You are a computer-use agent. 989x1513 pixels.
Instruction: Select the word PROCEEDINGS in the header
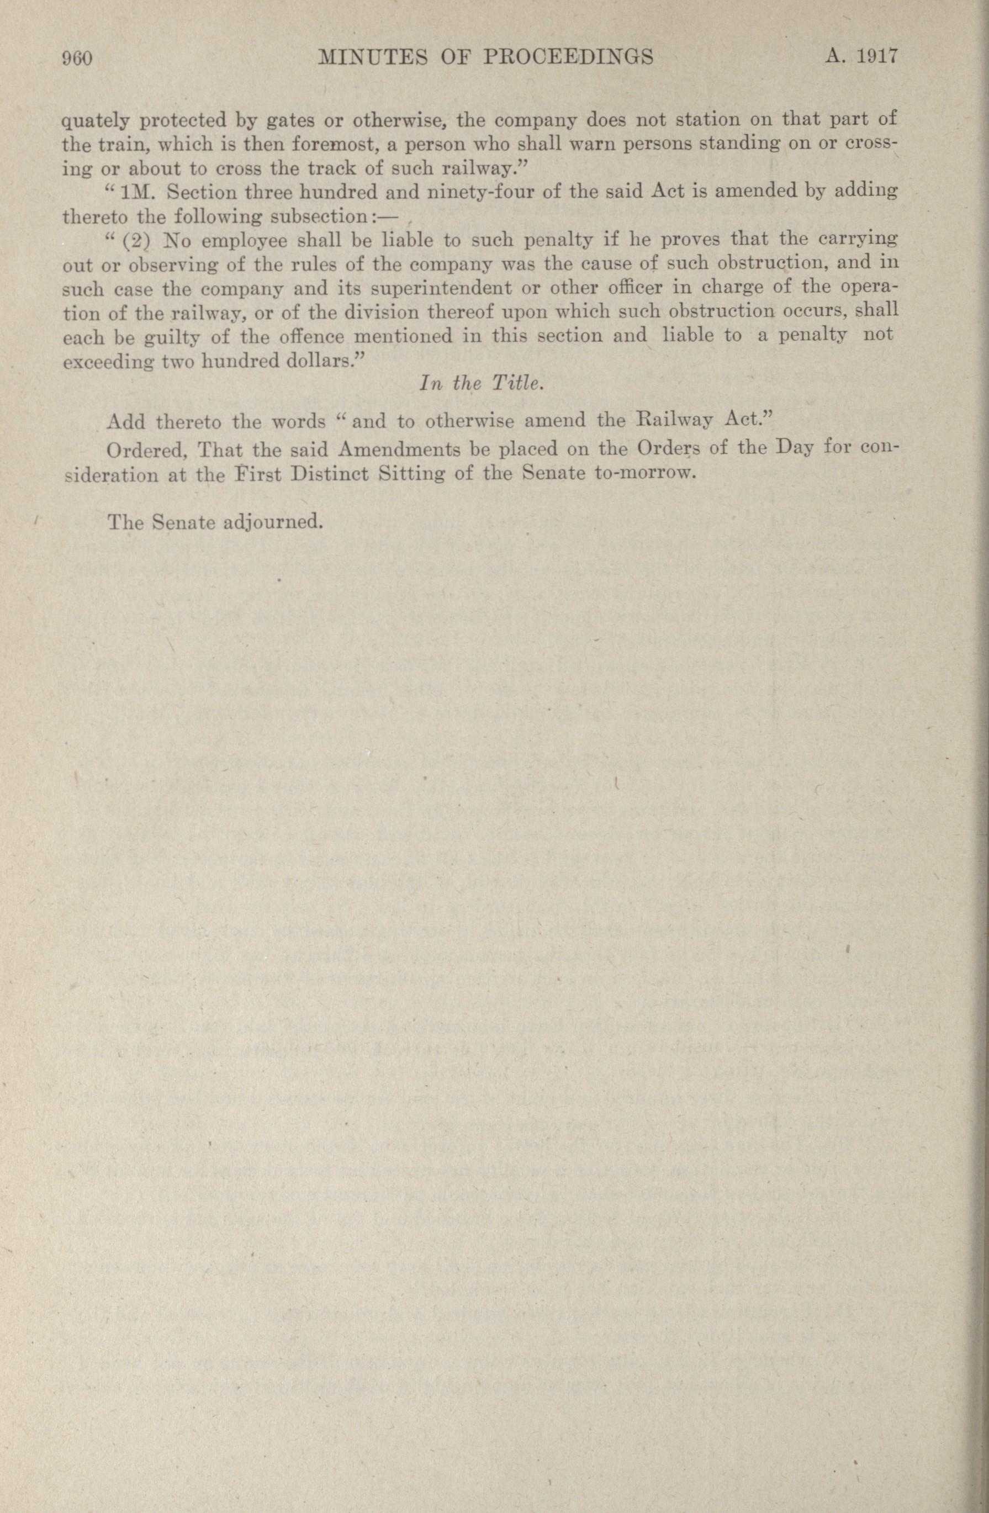[x=569, y=58]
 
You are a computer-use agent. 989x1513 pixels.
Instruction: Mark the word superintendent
[x=441, y=289]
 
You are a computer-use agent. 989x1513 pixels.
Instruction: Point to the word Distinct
[x=327, y=475]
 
